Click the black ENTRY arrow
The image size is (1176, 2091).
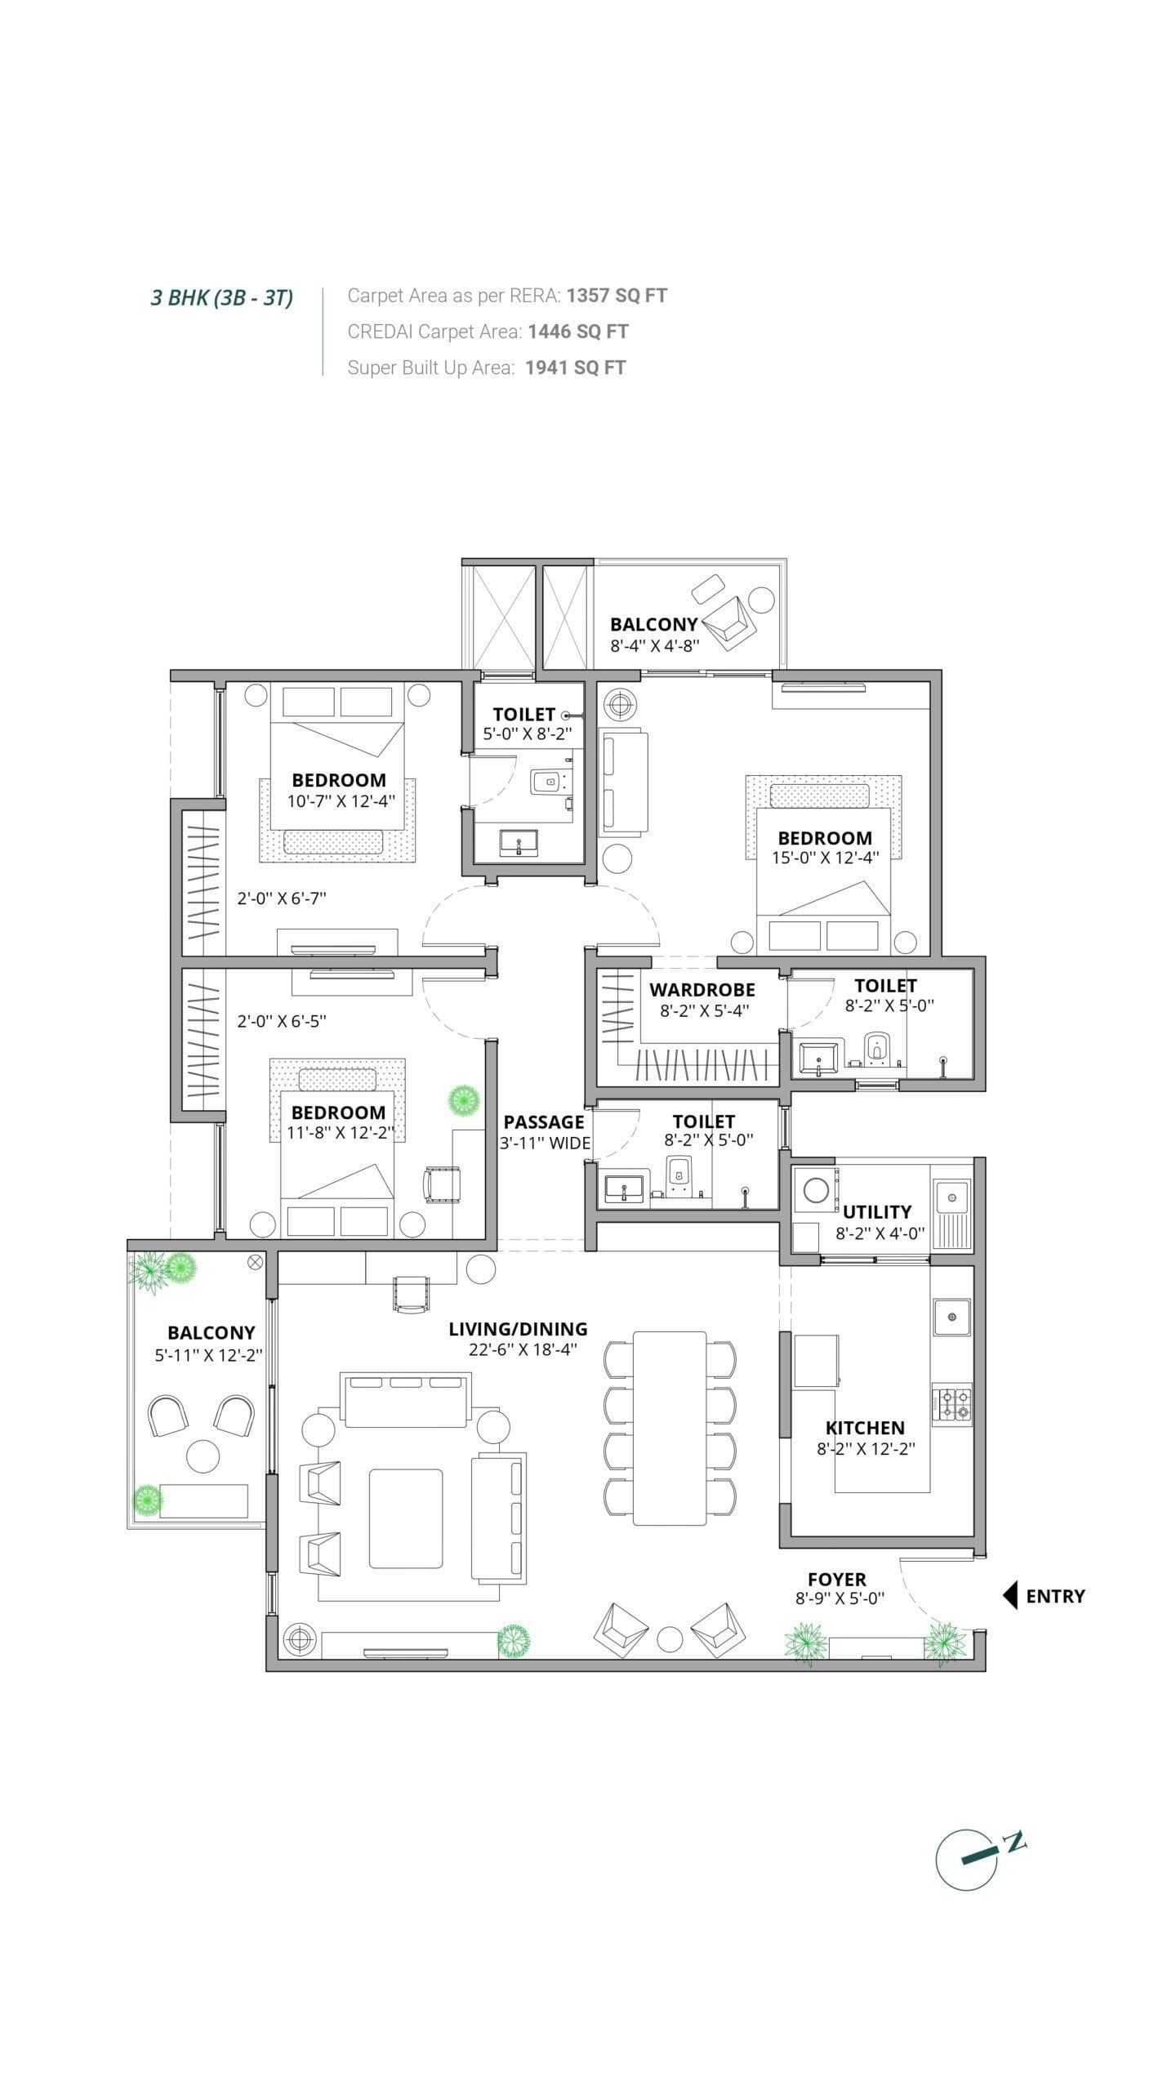click(1009, 1595)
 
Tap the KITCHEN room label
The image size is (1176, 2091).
click(865, 1428)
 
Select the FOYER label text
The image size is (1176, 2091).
click(837, 1579)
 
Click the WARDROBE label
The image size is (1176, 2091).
click(702, 989)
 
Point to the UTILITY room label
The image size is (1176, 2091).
click(877, 1211)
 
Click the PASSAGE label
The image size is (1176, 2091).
click(544, 1121)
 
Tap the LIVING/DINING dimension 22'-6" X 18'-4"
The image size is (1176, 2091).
click(523, 1349)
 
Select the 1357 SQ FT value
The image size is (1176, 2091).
click(617, 295)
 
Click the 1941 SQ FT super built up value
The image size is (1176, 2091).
click(576, 367)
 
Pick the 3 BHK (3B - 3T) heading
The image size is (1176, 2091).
click(222, 297)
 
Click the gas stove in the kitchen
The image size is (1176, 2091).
click(952, 1404)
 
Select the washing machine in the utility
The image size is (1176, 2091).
click(817, 1190)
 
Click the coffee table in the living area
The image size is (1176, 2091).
click(406, 1518)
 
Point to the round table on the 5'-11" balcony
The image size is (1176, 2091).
click(203, 1456)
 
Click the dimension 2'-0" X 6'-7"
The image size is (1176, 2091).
click(282, 898)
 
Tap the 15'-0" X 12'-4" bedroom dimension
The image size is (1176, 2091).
click(825, 858)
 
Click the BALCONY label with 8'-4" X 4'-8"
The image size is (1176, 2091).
click(654, 624)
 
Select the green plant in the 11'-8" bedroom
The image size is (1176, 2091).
click(464, 1099)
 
